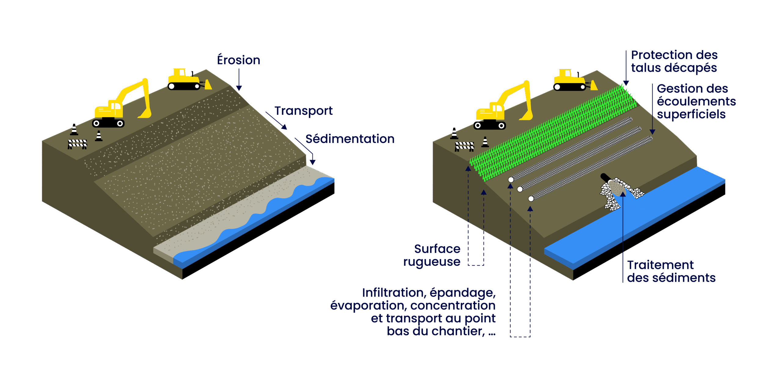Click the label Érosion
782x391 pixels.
coord(239,60)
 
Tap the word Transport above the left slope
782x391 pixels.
coord(303,111)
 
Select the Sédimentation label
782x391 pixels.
coord(350,139)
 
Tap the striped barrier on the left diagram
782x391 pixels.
coord(77,144)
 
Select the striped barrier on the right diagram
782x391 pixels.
coord(464,146)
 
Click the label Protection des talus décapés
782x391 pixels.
coord(674,61)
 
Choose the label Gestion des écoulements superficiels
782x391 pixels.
coord(696,101)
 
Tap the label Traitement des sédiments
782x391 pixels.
coord(671,272)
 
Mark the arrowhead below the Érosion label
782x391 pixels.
coord(239,88)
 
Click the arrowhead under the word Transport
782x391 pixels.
coord(284,127)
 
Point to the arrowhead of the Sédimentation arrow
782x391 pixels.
coord(312,162)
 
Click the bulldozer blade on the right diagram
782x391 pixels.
coord(594,86)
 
